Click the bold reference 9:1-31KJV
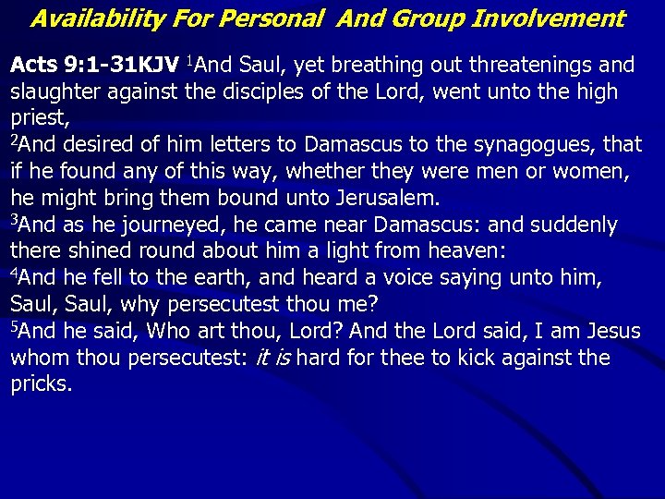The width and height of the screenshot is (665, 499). coord(121,66)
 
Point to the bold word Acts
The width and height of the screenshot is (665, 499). coord(33,66)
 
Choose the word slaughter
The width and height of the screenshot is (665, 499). coord(55,92)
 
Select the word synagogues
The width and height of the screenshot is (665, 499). coord(537,145)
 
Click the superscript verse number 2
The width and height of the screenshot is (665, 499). coord(14,140)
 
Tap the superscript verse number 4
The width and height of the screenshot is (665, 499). coord(14,273)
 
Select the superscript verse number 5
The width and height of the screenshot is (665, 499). coord(14,326)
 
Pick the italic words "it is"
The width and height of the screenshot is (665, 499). coord(274,359)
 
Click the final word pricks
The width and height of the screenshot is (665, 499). coord(40,384)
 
